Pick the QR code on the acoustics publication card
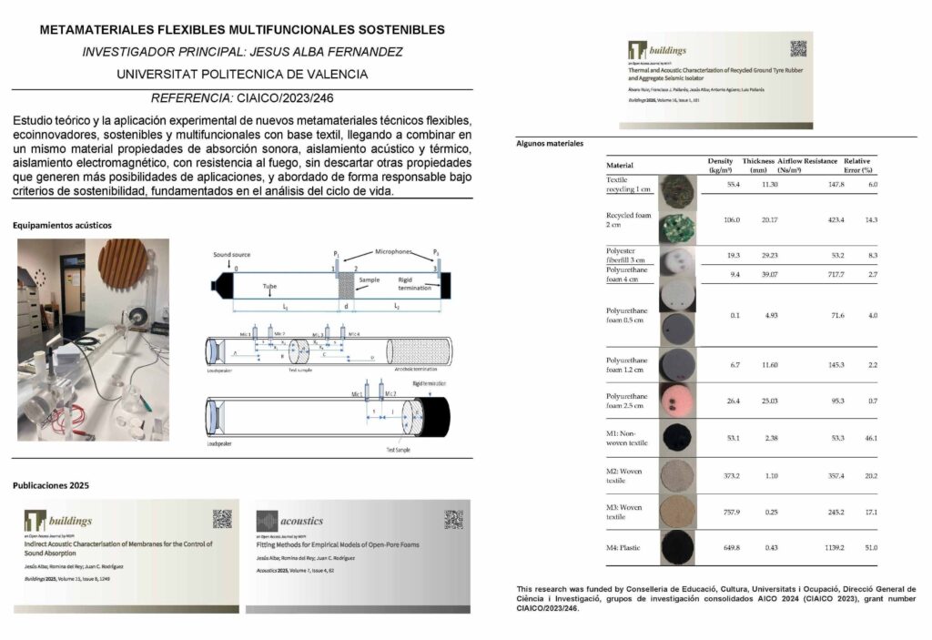[x=453, y=519]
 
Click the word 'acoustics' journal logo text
[x=301, y=522]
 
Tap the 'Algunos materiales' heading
[x=550, y=144]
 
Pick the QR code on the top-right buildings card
[x=798, y=49]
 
